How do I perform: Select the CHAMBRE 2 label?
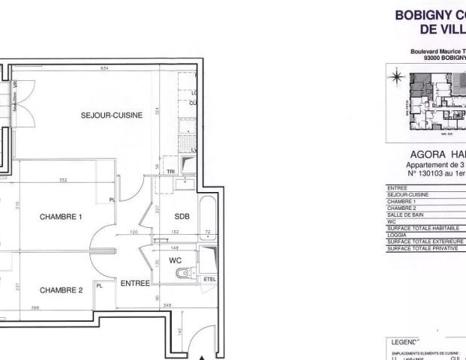pyautogui.click(x=61, y=290)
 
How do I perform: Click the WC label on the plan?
pyautogui.click(x=176, y=259)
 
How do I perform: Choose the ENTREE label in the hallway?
pyautogui.click(x=135, y=283)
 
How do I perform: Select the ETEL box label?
pyautogui.click(x=209, y=280)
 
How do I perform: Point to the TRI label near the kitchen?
pyautogui.click(x=170, y=172)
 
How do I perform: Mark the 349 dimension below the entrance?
pyautogui.click(x=167, y=304)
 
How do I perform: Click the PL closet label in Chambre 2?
pyautogui.click(x=100, y=285)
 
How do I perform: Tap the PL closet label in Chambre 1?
pyautogui.click(x=112, y=199)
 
